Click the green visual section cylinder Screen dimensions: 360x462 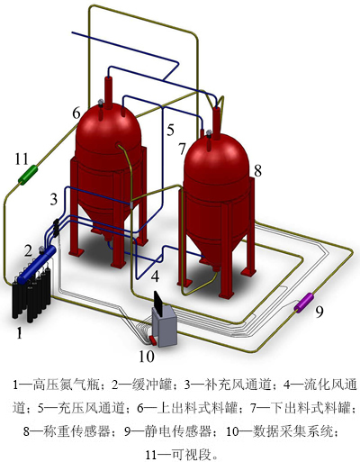28,175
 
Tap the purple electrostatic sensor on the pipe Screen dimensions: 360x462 303,303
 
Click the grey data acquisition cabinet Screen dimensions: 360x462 165,327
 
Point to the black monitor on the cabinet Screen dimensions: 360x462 158,303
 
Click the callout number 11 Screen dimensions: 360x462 22,159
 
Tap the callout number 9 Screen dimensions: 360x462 319,311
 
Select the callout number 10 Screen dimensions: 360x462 147,357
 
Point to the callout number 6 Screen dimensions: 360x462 76,113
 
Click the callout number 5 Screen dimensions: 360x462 170,130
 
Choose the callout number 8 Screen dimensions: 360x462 257,170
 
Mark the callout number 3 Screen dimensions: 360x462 53,199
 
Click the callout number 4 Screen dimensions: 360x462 155,276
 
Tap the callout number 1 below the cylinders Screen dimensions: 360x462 19,332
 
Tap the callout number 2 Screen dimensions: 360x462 28,250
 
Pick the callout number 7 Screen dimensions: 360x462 182,149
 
